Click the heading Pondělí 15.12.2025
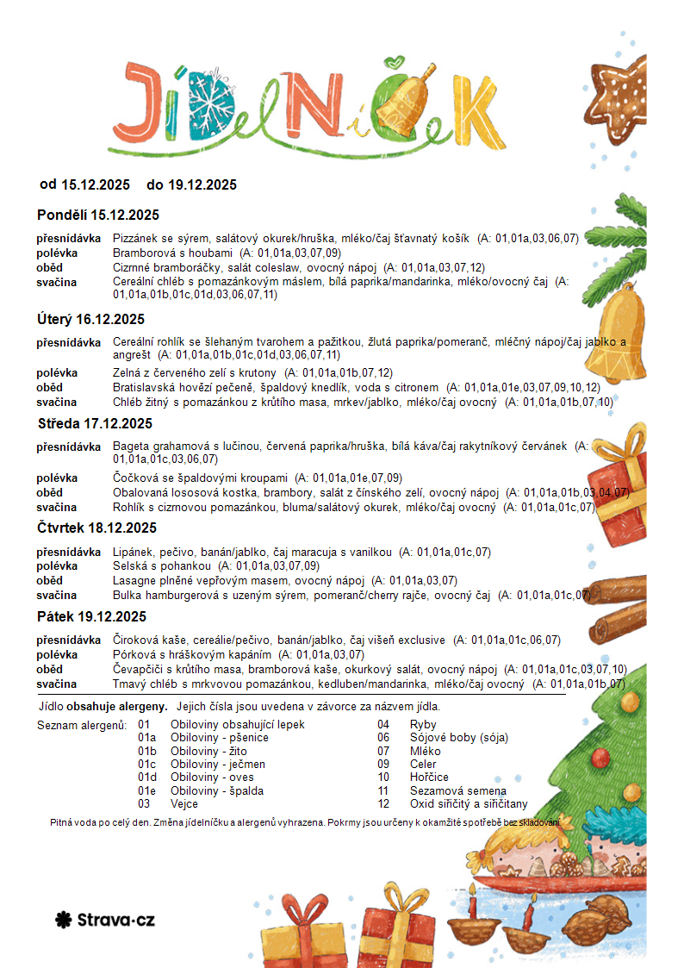[98, 215]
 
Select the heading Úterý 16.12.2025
[90, 319]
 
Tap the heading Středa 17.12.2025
[95, 423]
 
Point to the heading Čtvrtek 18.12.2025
[96, 528]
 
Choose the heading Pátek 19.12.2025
[92, 616]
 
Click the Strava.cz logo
[104, 920]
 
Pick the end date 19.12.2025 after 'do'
[202, 184]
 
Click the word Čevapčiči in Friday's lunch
[139, 669]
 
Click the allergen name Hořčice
[429, 777]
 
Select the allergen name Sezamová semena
[457, 790]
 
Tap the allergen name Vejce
[184, 803]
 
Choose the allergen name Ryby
[423, 724]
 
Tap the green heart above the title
[395, 63]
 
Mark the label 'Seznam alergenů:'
[82, 724]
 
